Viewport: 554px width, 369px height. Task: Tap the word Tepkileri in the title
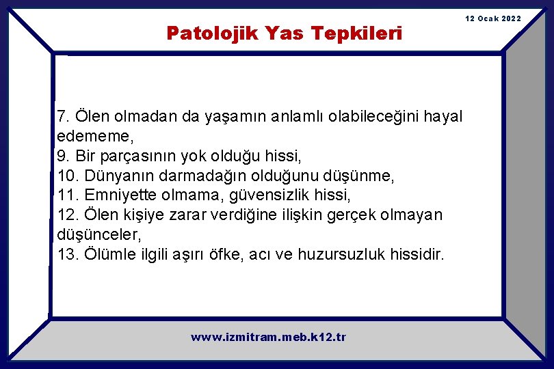(x=356, y=33)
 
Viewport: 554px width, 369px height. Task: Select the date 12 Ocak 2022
(x=493, y=18)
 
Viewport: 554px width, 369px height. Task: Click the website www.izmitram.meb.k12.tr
(x=268, y=337)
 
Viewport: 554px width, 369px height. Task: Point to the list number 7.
(x=62, y=116)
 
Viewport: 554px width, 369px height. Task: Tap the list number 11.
(x=66, y=195)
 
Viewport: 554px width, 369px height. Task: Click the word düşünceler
(x=98, y=235)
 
